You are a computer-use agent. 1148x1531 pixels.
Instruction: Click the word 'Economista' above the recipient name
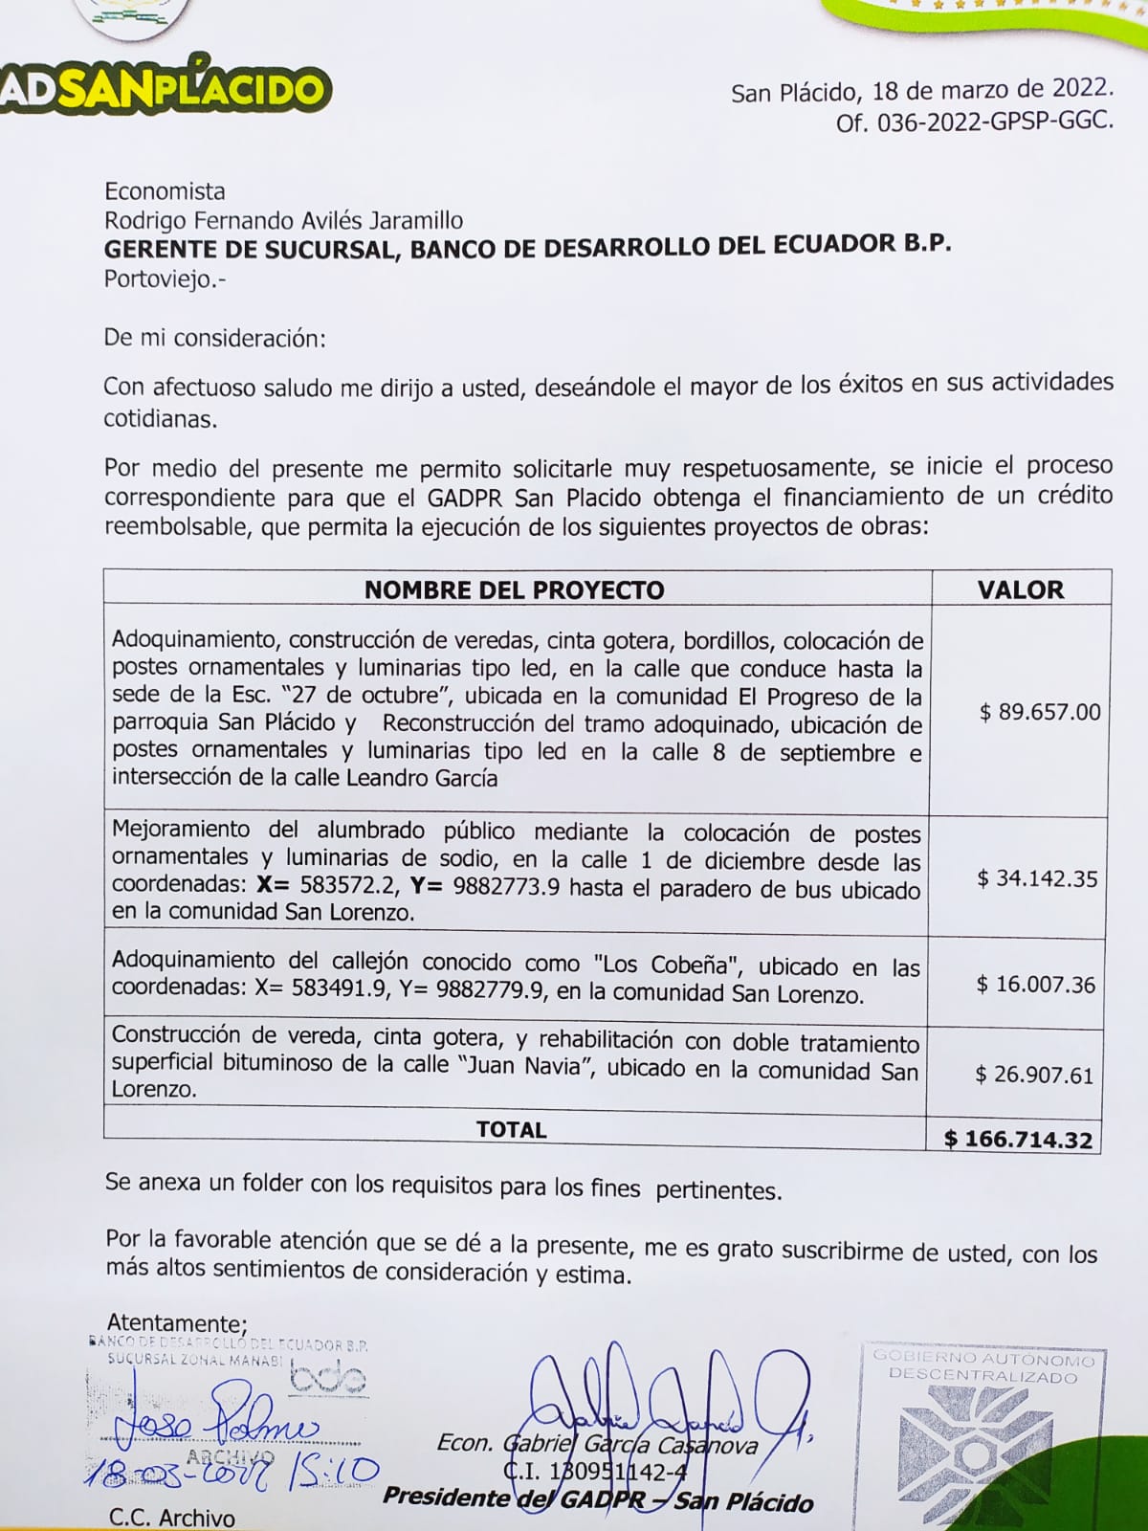click(x=165, y=191)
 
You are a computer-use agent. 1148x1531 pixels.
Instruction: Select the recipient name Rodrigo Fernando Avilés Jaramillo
click(x=283, y=221)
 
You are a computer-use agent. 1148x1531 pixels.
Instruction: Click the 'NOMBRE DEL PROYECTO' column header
click(x=514, y=589)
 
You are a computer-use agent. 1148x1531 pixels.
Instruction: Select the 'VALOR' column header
click(x=1020, y=589)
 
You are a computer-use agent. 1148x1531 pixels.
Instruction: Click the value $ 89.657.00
click(x=1040, y=712)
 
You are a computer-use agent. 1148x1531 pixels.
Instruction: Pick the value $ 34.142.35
click(x=1037, y=878)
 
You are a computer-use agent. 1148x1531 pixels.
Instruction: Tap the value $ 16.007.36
click(x=1036, y=985)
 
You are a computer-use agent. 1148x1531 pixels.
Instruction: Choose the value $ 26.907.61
click(x=1034, y=1075)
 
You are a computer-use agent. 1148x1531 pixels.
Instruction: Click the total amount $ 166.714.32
click(x=1018, y=1139)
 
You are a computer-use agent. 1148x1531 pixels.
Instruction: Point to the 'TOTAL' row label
click(x=512, y=1130)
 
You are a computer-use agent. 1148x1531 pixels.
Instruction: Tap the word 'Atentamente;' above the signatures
click(x=177, y=1323)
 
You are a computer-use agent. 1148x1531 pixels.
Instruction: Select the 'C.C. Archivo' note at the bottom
click(x=172, y=1517)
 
